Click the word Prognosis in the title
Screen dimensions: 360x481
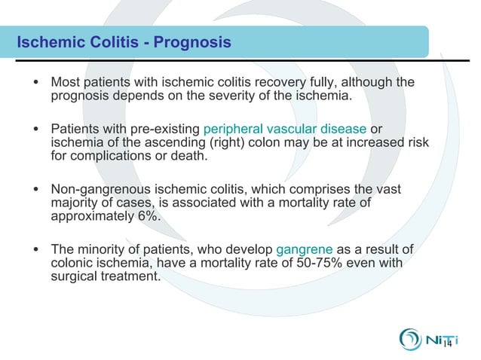coord(192,42)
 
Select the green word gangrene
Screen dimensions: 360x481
coord(305,249)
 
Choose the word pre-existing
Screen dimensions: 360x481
coord(165,128)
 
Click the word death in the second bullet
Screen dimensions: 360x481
coord(187,156)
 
